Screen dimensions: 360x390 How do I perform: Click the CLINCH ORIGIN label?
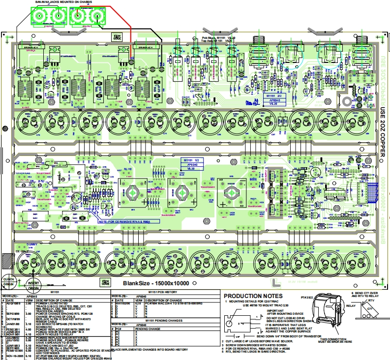[x=8, y=281]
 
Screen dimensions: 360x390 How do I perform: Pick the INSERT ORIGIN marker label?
[x=34, y=286]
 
